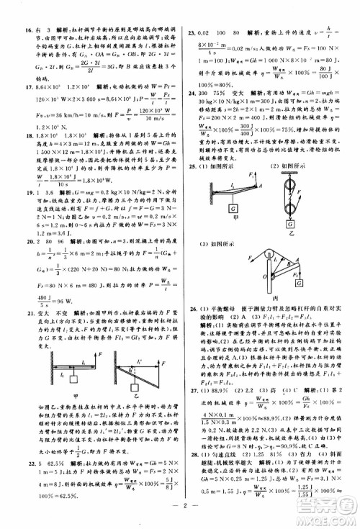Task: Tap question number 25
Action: click(x=192, y=166)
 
